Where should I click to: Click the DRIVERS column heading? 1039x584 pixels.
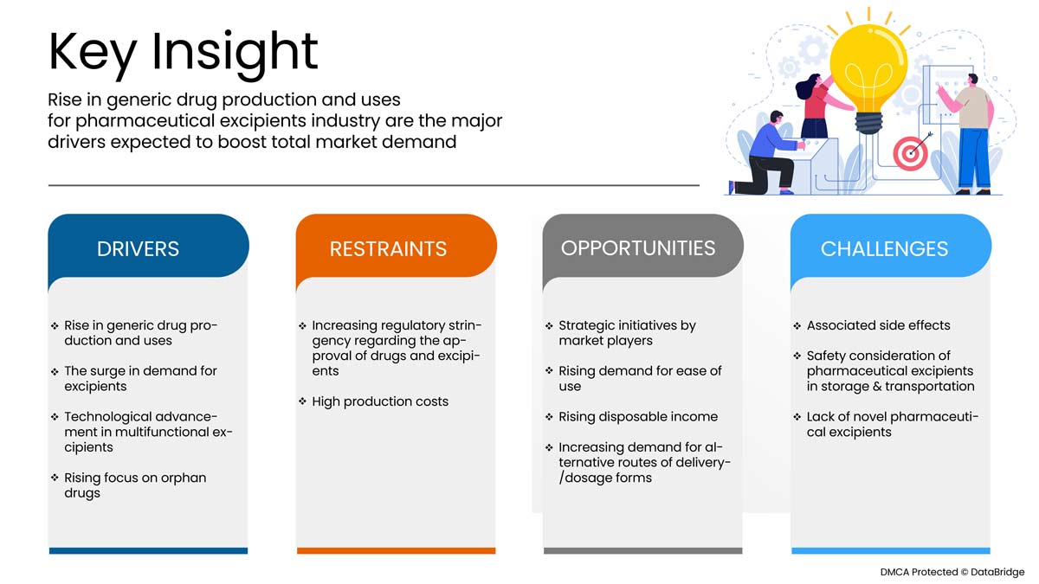pyautogui.click(x=138, y=249)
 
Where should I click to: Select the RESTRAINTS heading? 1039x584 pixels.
pyautogui.click(x=388, y=249)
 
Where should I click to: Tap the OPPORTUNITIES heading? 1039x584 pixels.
pyautogui.click(x=638, y=248)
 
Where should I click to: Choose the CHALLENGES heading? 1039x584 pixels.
pyautogui.click(x=884, y=249)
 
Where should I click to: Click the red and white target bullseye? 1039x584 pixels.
pyautogui.click(x=910, y=153)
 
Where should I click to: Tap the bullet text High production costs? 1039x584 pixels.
pyautogui.click(x=380, y=401)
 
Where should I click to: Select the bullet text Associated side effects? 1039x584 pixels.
pyautogui.click(x=878, y=325)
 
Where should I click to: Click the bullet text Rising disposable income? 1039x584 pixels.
pyautogui.click(x=638, y=417)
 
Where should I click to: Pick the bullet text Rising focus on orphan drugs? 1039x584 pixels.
pyautogui.click(x=135, y=485)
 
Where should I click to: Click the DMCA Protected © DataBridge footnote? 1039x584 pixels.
pyautogui.click(x=952, y=572)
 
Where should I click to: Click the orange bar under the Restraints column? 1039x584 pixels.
pyautogui.click(x=397, y=550)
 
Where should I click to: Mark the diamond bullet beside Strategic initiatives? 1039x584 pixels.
pyautogui.click(x=549, y=326)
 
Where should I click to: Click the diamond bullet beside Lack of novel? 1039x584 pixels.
pyautogui.click(x=797, y=417)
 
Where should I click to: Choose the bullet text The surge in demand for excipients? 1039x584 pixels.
pyautogui.click(x=140, y=378)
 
